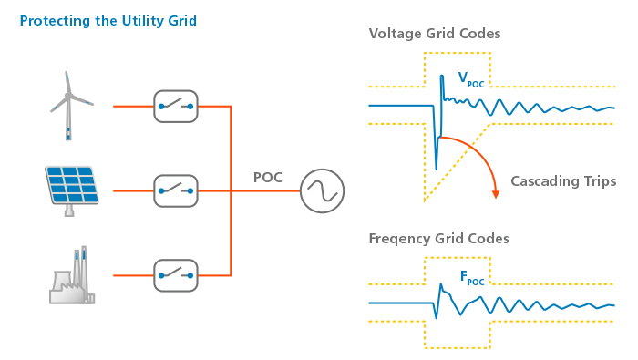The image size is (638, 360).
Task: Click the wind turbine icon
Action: (x=69, y=105)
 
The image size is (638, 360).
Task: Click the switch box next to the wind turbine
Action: (x=176, y=107)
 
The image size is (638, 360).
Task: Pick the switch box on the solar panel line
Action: (x=176, y=190)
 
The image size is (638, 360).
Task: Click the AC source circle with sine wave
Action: (x=322, y=190)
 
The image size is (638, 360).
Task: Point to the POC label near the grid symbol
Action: (x=268, y=177)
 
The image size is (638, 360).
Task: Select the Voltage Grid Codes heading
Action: (x=434, y=34)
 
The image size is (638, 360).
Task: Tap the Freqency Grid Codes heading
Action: (x=438, y=239)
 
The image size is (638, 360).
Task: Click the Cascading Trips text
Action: (x=563, y=181)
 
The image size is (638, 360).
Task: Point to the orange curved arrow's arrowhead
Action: (x=496, y=193)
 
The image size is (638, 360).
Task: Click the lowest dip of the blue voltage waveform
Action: (x=436, y=168)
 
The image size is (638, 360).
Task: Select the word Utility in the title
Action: (x=131, y=20)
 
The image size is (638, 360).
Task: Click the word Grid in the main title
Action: (x=179, y=20)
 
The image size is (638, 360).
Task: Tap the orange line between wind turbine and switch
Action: (x=133, y=107)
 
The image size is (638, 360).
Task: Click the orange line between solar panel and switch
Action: (x=133, y=190)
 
